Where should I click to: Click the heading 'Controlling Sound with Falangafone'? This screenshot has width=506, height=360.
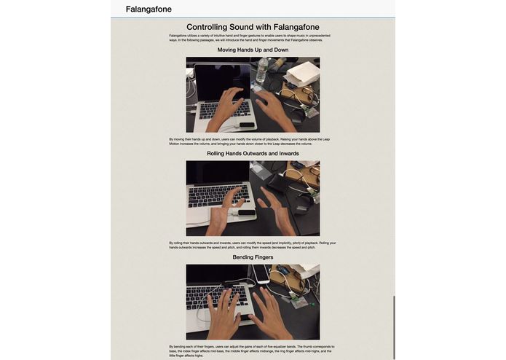click(x=253, y=27)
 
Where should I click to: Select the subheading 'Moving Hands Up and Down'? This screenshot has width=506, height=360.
click(x=253, y=50)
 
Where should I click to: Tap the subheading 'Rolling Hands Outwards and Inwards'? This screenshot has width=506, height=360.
click(x=253, y=154)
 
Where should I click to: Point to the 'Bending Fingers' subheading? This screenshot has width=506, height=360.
click(x=253, y=257)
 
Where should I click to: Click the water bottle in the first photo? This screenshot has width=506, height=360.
click(x=261, y=70)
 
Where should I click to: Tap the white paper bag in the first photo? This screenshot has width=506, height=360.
click(x=302, y=72)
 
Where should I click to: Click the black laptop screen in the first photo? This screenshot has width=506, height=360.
click(x=216, y=82)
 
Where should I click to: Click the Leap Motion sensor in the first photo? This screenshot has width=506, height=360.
click(x=247, y=125)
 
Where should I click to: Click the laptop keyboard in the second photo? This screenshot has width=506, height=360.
click(x=215, y=195)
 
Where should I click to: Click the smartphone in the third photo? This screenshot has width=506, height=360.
click(x=261, y=274)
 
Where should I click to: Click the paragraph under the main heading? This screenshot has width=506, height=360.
click(x=251, y=37)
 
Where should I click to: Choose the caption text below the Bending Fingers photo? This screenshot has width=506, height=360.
click(x=251, y=351)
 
